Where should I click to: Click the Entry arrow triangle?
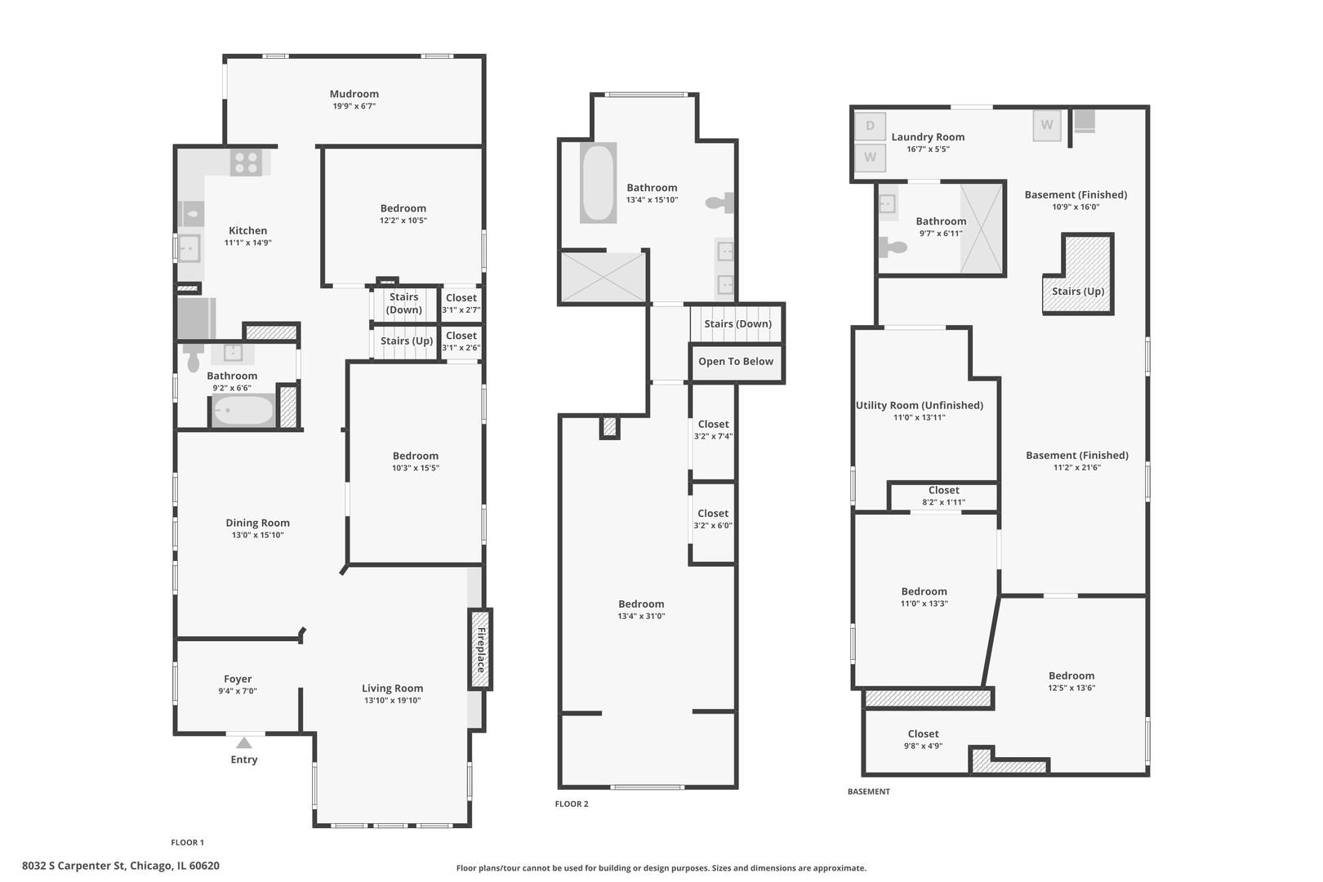point(243,742)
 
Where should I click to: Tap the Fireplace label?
point(481,649)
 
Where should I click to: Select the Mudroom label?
point(354,94)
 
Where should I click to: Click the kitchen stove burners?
point(246,163)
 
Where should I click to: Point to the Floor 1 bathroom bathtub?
point(243,410)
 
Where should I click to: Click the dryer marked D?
point(871,126)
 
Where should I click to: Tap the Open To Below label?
point(735,362)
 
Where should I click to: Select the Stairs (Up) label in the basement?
point(1078,292)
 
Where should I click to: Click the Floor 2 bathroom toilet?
point(721,203)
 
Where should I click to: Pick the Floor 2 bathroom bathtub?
point(598,183)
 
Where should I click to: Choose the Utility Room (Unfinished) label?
point(919,405)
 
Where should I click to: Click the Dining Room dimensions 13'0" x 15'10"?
point(257,536)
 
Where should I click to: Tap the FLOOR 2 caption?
point(572,804)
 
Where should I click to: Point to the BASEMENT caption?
point(868,791)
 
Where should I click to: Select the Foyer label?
point(238,679)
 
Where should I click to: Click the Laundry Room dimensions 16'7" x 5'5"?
point(928,149)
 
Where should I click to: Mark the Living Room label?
point(392,688)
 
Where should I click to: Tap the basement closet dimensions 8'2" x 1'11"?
point(943,502)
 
